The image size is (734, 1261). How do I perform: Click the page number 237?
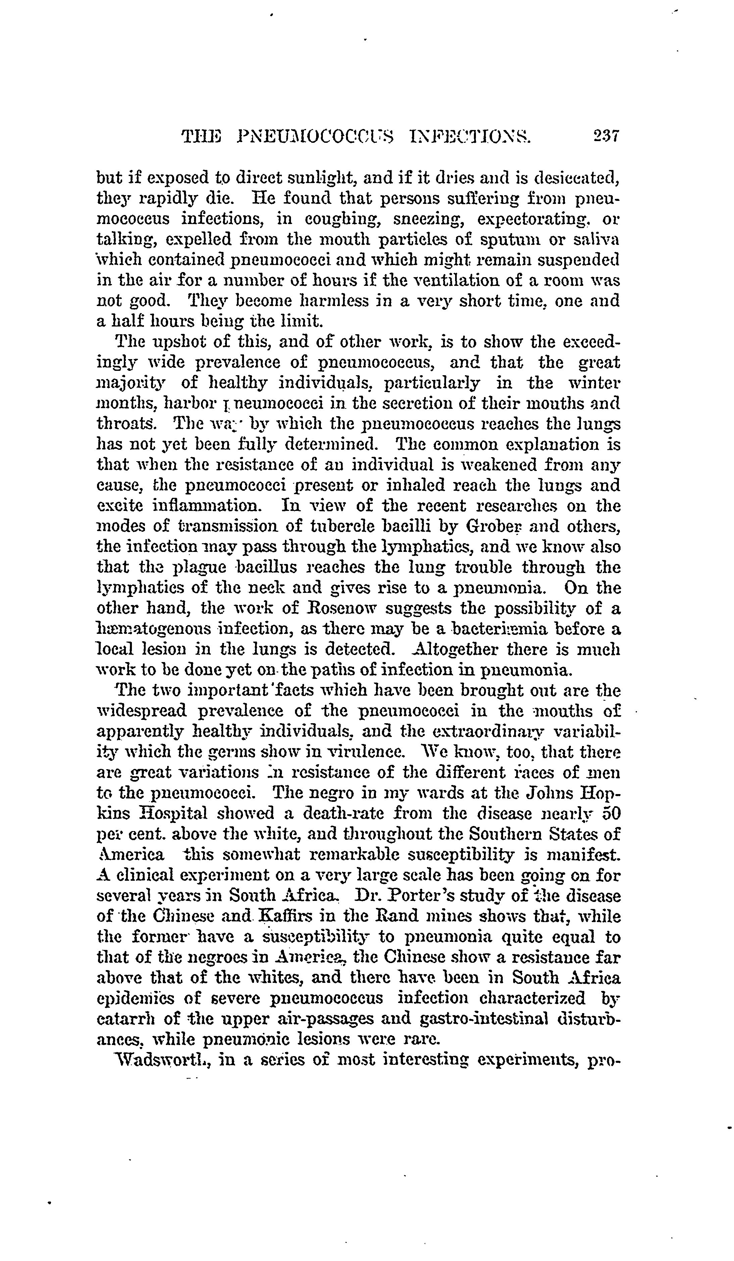point(605,136)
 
